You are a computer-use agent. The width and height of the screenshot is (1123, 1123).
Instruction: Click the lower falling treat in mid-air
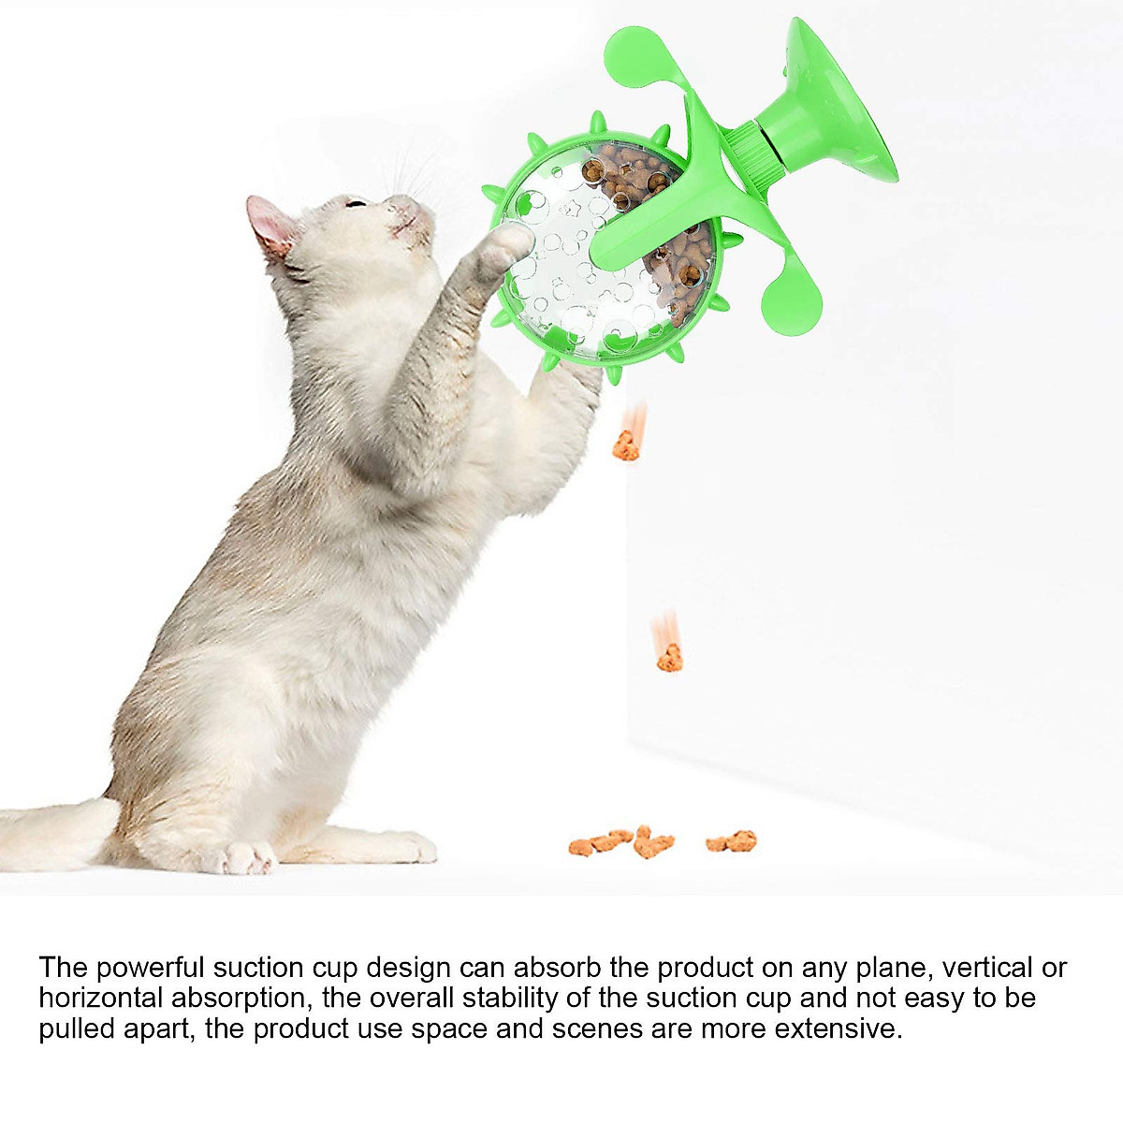click(669, 659)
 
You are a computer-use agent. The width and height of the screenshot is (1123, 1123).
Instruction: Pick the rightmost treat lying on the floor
click(732, 841)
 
